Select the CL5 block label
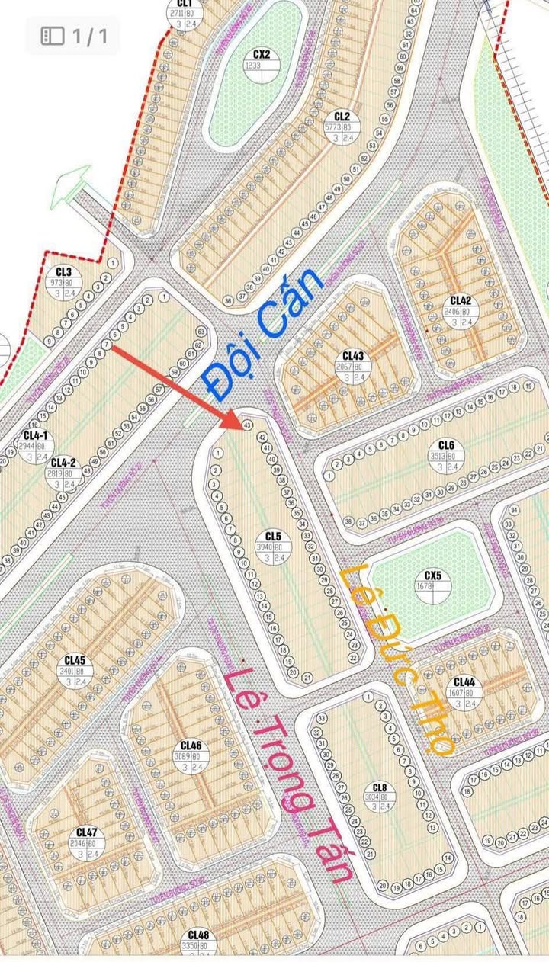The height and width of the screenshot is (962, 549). [274, 535]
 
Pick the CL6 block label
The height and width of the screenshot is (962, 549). [446, 445]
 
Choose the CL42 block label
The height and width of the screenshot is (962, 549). [461, 300]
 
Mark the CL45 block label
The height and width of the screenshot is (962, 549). [75, 659]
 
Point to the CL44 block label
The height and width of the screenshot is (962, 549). [464, 682]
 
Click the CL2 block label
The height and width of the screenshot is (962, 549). [342, 116]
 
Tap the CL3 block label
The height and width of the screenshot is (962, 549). [63, 271]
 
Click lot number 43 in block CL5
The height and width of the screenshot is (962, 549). [246, 425]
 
